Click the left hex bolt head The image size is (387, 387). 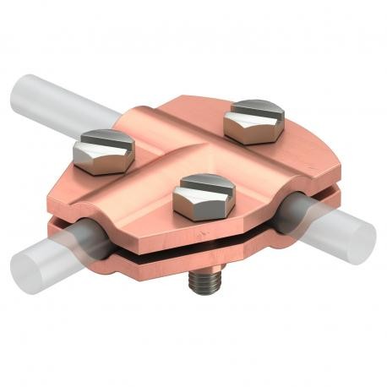(99, 151)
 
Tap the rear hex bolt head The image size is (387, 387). (255, 118)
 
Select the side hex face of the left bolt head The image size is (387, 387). (91, 161)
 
